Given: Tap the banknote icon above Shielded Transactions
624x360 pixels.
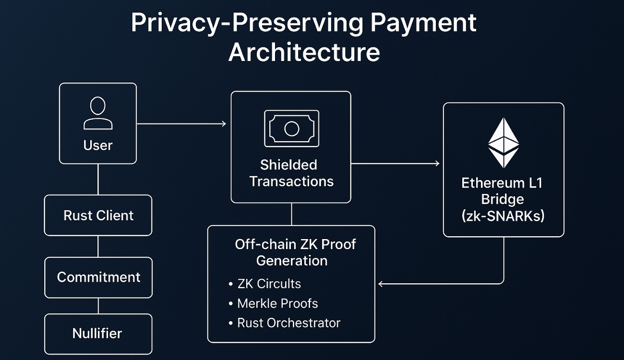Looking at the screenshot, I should click(291, 128).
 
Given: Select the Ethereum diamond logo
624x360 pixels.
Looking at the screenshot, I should click(504, 143).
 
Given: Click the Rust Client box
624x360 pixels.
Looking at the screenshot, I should click(98, 216).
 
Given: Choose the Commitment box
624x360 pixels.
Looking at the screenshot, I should click(98, 277).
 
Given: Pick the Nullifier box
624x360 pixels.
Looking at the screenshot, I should click(97, 333).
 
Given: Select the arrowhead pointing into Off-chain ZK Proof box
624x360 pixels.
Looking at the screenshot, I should click(381, 284).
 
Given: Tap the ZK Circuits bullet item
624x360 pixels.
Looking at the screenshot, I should click(269, 284).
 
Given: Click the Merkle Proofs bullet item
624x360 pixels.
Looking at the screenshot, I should click(277, 303).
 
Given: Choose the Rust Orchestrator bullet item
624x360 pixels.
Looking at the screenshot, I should click(288, 323).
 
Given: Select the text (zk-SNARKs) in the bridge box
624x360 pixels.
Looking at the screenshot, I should click(503, 216).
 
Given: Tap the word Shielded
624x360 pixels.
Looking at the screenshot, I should click(288, 165).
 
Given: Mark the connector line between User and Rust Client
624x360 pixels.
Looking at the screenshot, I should click(98, 179).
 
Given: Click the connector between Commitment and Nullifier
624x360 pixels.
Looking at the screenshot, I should click(98, 306).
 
